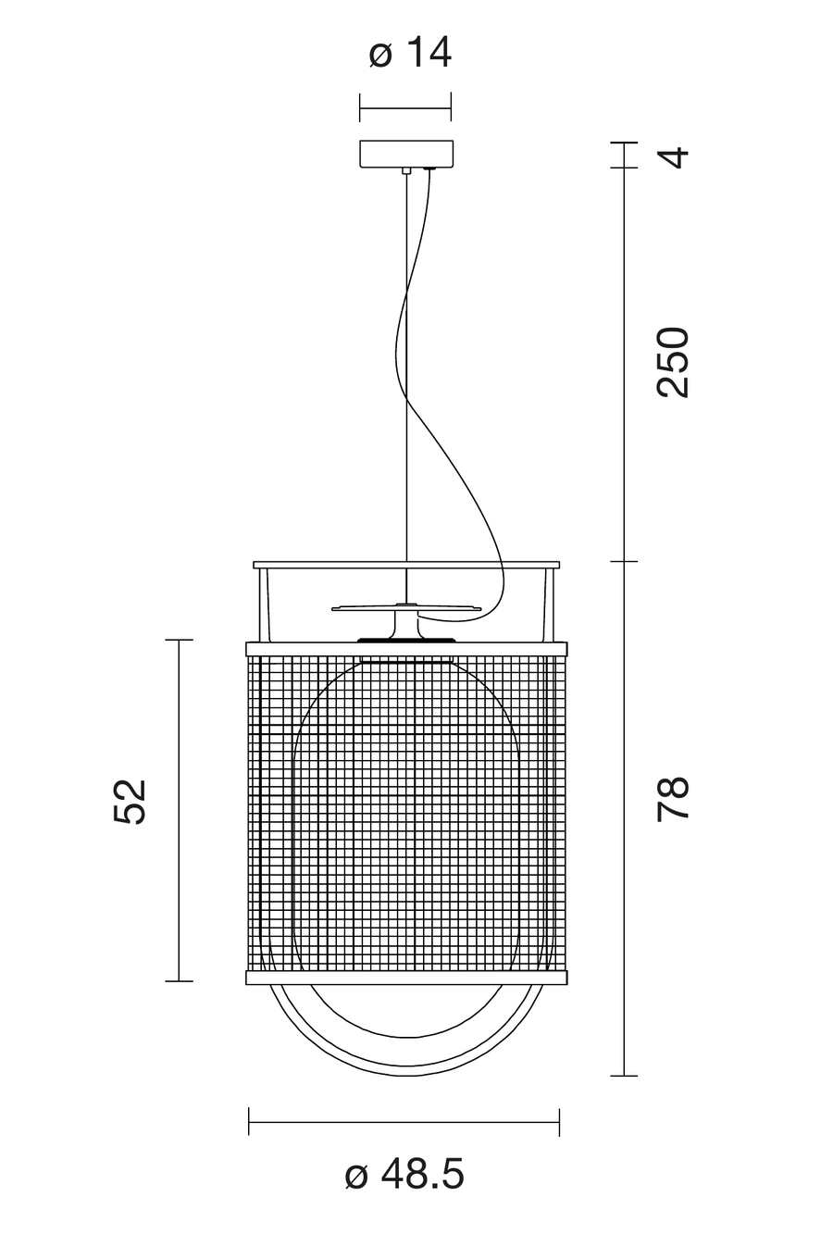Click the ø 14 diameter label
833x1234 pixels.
(410, 54)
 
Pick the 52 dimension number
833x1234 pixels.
(131, 802)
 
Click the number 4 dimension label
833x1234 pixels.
(673, 157)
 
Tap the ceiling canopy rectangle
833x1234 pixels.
(406, 154)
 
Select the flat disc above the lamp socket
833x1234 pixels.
(406, 608)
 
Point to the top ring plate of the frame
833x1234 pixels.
(406, 566)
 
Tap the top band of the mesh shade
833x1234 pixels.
(406, 648)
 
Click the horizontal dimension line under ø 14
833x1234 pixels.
(405, 108)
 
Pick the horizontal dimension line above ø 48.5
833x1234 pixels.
(404, 1122)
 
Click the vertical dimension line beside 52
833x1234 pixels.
(179, 810)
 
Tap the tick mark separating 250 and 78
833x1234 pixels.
(624, 561)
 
